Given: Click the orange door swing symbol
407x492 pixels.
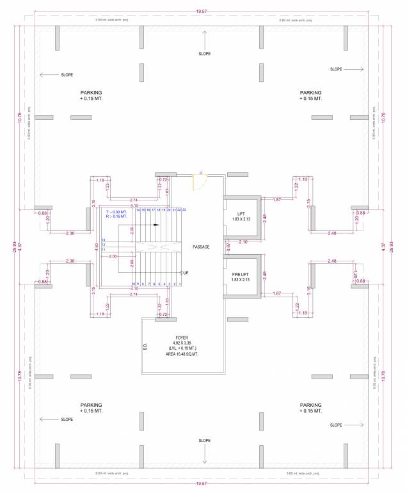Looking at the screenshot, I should pos(198,182).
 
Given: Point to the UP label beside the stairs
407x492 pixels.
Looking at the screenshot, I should pos(185,272).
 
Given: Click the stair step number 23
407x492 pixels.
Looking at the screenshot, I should pos(184,209).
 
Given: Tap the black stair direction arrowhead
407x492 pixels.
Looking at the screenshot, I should pos(156,225).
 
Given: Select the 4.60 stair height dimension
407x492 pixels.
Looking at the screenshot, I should pos(97,246).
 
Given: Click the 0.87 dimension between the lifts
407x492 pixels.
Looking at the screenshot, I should pos(228,246).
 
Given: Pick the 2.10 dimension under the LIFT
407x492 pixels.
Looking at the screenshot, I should pos(243,242).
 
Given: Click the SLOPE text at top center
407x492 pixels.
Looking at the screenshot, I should pos(204,54).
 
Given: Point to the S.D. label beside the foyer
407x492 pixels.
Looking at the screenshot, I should pos(146,348).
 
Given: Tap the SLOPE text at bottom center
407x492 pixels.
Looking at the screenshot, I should pos(204,441).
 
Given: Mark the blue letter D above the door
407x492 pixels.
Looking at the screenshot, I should pos(201,173).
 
